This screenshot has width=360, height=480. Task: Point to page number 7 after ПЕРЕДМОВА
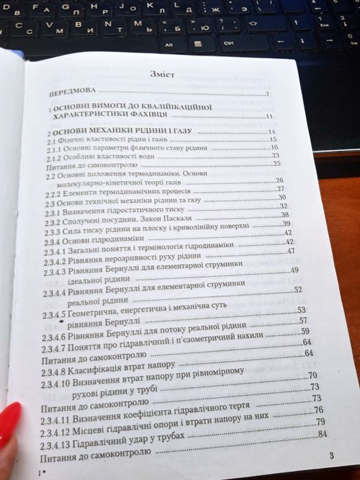tap(268, 94)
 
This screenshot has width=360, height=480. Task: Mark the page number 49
tap(296, 270)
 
